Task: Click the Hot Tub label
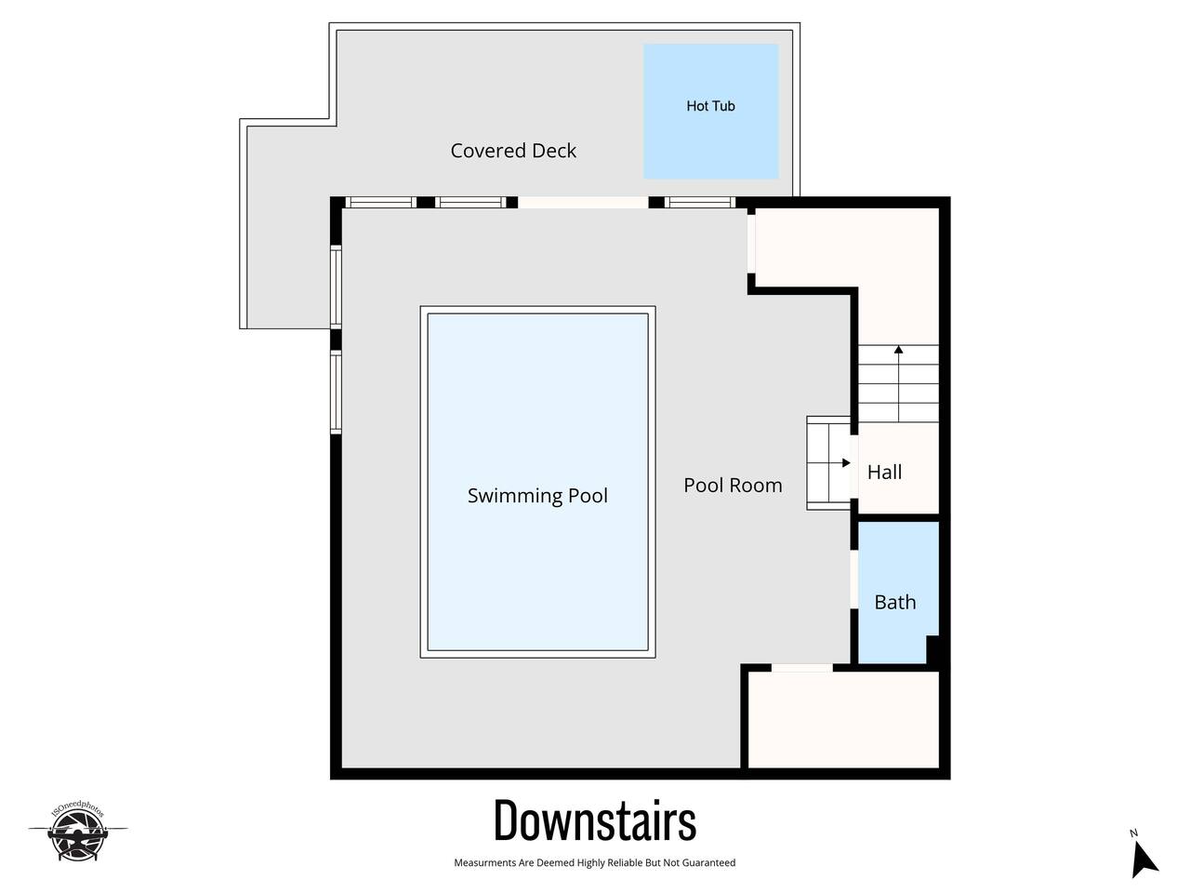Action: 710,106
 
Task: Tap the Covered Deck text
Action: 513,151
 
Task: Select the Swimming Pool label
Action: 537,496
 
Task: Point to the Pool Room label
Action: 733,486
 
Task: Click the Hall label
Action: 884,473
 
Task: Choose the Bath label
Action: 895,603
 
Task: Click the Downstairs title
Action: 595,821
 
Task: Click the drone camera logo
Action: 77,832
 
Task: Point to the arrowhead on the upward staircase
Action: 898,350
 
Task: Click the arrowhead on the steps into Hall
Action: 846,463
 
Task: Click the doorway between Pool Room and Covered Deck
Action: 583,202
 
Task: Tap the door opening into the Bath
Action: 853,580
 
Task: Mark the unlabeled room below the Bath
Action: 843,720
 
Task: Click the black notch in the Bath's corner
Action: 932,649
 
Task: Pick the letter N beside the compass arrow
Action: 1133,833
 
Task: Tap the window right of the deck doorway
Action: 700,202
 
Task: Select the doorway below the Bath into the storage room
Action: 801,668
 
